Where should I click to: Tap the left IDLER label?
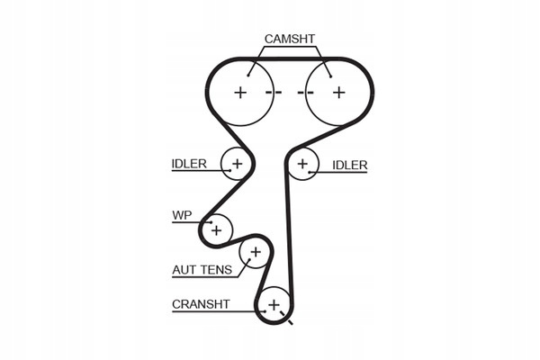[189, 164]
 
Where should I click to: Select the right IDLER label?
[350, 165]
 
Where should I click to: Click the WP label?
[183, 215]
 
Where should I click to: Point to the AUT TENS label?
[202, 268]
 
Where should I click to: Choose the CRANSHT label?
[201, 303]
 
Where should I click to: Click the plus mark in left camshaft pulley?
[240, 93]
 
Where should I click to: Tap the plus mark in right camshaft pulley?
[338, 93]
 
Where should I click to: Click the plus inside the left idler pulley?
[238, 164]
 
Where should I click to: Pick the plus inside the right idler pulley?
[303, 164]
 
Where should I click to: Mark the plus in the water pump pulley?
[216, 230]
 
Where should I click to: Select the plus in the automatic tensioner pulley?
[255, 252]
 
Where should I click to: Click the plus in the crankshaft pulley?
[274, 306]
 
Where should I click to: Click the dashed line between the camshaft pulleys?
[290, 93]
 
